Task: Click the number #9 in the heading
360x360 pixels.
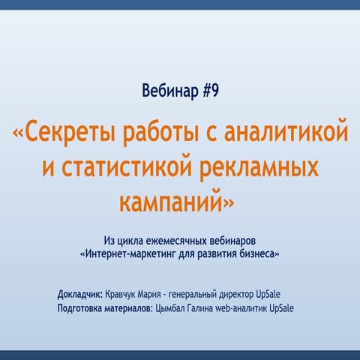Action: (211, 92)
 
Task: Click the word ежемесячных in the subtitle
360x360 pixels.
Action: (184, 241)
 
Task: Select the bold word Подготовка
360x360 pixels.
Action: (82, 307)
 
